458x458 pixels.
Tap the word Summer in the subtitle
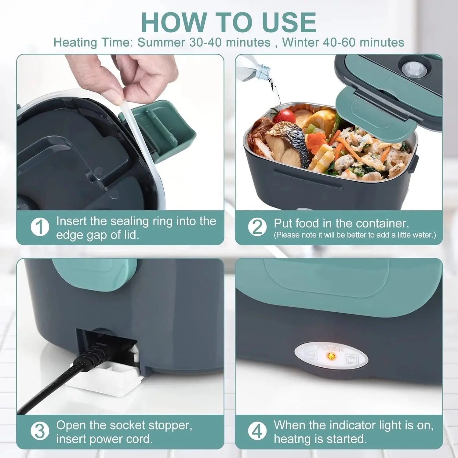click(x=161, y=42)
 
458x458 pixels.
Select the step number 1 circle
click(x=40, y=227)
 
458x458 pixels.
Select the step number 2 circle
click(x=257, y=227)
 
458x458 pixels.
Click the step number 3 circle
click(x=40, y=431)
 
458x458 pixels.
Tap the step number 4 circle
click(x=257, y=431)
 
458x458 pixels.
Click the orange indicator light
click(x=330, y=356)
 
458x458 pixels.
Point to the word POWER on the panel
click(x=330, y=348)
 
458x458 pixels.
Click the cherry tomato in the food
click(x=285, y=116)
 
